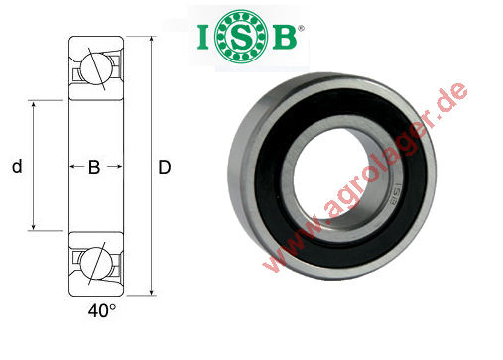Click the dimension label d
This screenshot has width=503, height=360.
coord(16,168)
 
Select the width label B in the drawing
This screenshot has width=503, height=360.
coord(94,168)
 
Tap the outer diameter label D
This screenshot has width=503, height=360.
coord(165,168)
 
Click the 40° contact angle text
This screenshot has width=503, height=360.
coord(101,310)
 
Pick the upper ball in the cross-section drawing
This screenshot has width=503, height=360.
coord(95,68)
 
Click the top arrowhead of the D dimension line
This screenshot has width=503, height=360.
coord(151,42)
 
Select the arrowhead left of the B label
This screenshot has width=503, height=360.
coord(73,168)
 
